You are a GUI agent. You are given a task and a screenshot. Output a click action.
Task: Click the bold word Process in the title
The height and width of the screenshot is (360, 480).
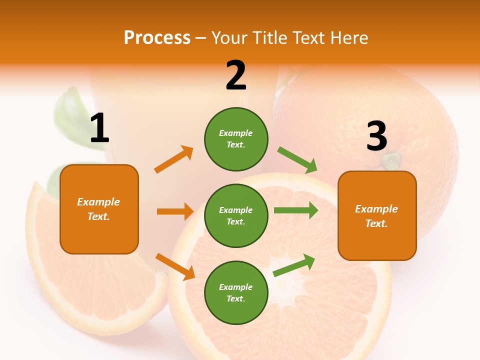(x=157, y=38)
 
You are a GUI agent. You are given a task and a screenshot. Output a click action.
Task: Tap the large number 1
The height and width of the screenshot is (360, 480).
(x=99, y=128)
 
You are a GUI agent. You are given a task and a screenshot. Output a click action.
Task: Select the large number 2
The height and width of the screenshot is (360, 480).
(x=236, y=75)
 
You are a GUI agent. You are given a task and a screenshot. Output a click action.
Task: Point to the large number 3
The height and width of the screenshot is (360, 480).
(x=376, y=136)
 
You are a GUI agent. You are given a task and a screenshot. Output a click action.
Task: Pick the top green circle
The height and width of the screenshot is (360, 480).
(x=236, y=139)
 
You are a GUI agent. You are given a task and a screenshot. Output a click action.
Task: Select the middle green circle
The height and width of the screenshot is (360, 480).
(x=236, y=215)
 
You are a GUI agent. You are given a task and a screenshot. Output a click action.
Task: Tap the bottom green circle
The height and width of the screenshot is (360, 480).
(x=236, y=292)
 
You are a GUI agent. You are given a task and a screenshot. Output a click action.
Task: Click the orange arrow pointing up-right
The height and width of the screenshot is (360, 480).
(x=174, y=159)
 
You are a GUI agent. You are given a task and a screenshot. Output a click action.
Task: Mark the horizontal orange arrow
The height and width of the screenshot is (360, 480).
(x=175, y=211)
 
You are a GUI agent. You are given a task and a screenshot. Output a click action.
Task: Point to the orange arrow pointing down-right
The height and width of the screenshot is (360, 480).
(x=175, y=266)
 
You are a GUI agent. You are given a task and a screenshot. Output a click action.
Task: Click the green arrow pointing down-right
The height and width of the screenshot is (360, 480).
(x=297, y=160)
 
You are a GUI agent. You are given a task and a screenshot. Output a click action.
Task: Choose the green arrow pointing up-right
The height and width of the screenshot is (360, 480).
(x=294, y=265)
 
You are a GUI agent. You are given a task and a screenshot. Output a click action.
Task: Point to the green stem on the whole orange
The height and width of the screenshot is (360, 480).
(x=391, y=160)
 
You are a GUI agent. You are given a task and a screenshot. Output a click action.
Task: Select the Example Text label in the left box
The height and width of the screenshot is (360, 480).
(x=98, y=209)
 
